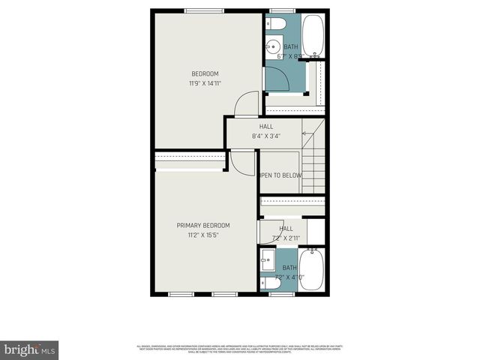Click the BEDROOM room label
(x=204, y=73)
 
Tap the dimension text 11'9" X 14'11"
(x=204, y=83)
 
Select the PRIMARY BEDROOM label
(x=203, y=225)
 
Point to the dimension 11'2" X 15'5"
(x=203, y=235)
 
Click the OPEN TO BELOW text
(x=280, y=175)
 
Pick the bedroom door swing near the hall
(x=246, y=105)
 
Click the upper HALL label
(x=266, y=127)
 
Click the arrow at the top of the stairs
(x=306, y=133)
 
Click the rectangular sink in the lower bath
(x=268, y=263)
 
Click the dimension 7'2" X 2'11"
(x=286, y=238)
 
